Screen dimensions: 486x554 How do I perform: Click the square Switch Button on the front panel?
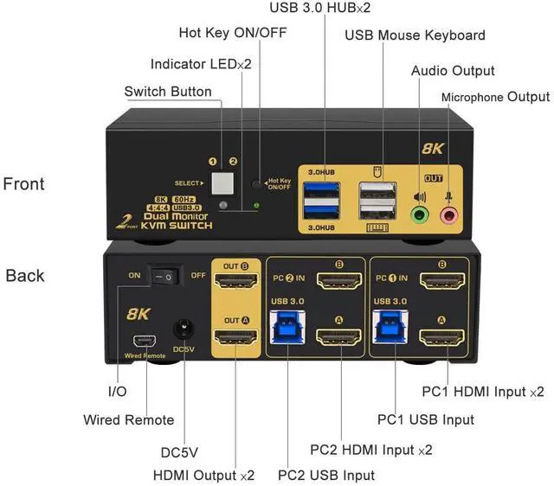[223, 183]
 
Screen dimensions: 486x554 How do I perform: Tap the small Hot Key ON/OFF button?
[255, 184]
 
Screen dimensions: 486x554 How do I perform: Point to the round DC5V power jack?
[184, 329]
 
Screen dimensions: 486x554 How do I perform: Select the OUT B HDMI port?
[235, 280]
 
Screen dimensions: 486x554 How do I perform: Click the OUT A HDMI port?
[235, 336]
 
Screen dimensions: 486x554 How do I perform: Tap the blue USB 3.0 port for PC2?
[287, 329]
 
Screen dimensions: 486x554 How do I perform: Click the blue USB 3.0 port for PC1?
[388, 329]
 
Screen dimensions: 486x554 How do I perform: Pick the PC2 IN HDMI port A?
[340, 337]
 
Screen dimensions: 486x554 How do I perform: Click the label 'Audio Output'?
[453, 70]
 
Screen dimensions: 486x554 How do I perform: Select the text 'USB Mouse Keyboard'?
[415, 35]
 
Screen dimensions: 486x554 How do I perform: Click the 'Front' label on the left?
[24, 183]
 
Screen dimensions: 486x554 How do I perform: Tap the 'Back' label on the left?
[24, 276]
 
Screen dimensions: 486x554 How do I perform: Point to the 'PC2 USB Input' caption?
[326, 475]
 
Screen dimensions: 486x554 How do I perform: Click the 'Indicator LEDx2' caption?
[200, 64]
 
